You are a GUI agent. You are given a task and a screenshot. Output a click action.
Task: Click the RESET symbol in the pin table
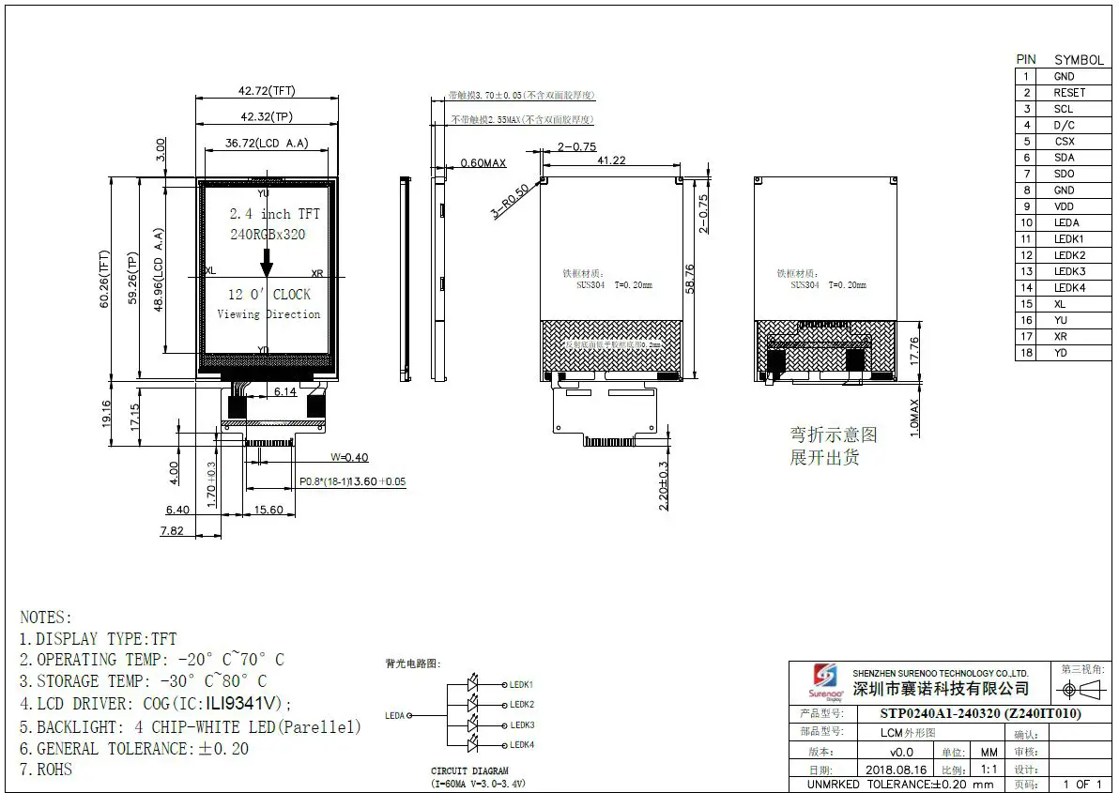[1068, 93]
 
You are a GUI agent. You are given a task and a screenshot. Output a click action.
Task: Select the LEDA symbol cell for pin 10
[1066, 223]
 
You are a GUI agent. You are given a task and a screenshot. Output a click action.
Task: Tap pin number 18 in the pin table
[1027, 353]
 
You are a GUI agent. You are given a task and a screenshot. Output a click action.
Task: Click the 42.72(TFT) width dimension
[267, 91]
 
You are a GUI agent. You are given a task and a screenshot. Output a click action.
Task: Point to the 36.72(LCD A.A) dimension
[267, 144]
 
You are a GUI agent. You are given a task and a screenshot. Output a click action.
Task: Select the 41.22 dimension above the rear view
[611, 160]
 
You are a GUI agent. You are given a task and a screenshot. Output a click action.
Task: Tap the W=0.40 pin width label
[349, 457]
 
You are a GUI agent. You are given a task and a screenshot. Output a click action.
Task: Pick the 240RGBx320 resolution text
[268, 235]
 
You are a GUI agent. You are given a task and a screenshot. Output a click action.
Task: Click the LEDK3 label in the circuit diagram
[522, 725]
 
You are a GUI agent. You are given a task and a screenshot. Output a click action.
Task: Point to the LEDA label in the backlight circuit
[395, 715]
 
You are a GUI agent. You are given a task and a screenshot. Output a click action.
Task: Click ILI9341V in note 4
[243, 704]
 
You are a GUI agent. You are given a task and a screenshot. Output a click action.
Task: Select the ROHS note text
[54, 770]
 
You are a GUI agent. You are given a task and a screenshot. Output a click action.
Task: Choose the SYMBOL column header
[1078, 59]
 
